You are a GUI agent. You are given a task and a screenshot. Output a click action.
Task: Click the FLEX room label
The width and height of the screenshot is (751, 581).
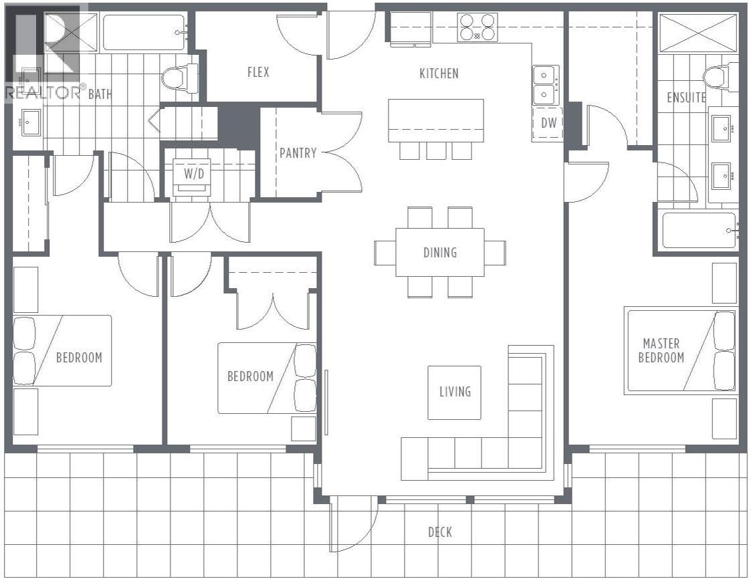pos(258,72)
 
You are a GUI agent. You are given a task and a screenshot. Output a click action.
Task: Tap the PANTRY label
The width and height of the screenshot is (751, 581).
pos(298,152)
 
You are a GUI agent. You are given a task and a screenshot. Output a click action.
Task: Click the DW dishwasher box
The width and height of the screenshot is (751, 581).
pos(548,124)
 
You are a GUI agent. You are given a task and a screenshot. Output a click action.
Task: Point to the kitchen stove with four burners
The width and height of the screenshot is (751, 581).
pos(477,27)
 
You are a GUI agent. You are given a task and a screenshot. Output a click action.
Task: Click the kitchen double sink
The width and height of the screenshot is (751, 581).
pos(546,85)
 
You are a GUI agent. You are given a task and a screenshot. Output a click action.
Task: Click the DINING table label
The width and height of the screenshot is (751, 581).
pos(439,253)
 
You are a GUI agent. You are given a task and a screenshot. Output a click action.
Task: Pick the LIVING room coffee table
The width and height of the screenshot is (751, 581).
pos(454,392)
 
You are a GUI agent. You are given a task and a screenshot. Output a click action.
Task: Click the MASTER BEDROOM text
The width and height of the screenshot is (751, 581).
pos(661,350)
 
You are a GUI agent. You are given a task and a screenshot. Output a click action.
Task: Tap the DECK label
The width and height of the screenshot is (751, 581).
pos(439,532)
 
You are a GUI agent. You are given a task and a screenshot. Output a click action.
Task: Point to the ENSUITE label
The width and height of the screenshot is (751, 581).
pos(686,98)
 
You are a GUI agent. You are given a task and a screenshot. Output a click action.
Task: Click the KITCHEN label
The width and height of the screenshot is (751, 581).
pos(439,74)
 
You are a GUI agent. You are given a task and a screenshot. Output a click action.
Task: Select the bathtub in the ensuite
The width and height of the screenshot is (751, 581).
pos(699,231)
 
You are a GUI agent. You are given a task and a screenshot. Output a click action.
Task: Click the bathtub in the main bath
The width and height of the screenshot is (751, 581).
pos(144,32)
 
